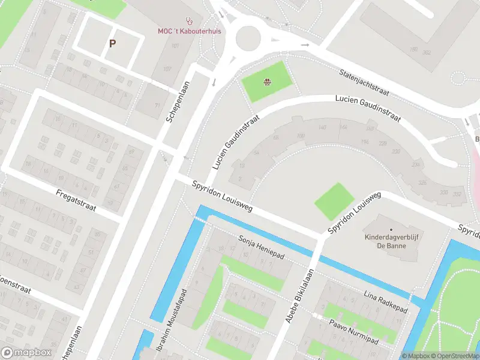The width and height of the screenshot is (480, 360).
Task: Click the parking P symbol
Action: [x=112, y=43]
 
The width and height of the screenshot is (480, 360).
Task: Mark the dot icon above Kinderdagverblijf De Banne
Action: [x=391, y=229]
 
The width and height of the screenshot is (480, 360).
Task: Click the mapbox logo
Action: [x=26, y=353]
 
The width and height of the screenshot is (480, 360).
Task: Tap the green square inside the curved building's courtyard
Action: [x=334, y=202]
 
